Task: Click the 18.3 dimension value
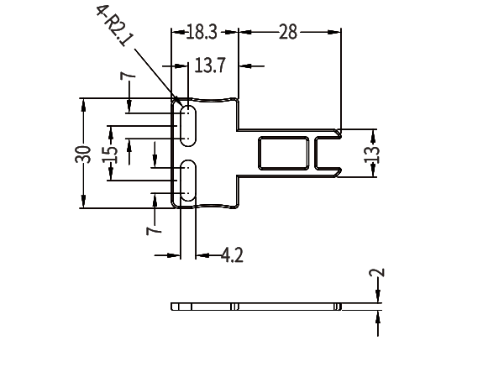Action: (202, 32)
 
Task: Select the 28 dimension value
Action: (288, 32)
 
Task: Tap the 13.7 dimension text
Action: (210, 66)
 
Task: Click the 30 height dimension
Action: (83, 154)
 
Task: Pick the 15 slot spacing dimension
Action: (110, 155)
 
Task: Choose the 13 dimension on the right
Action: (372, 154)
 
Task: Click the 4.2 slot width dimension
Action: (232, 255)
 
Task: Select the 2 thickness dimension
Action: (377, 272)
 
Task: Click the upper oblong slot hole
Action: (187, 126)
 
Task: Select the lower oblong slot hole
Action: (187, 181)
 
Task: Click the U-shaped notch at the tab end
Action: (316, 153)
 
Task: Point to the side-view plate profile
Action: (256, 307)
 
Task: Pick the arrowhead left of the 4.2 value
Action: (174, 255)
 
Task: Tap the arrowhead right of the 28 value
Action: (334, 32)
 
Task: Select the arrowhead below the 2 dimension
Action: (378, 317)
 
